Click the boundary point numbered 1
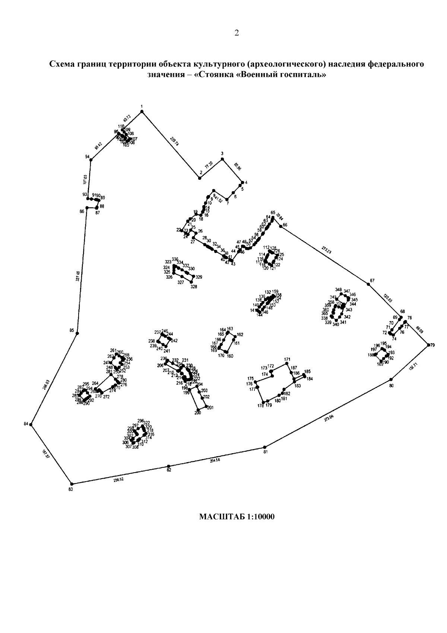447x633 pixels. [x=142, y=111]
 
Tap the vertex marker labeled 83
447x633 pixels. [x=72, y=484]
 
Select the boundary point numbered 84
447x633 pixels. [x=31, y=424]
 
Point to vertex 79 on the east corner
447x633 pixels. [x=428, y=345]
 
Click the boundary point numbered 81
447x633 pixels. [x=265, y=447]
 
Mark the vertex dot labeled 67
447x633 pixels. [x=368, y=285]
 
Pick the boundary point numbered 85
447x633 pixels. [x=77, y=333]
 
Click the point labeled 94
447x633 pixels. [x=91, y=160]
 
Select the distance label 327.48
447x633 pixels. [x=78, y=277]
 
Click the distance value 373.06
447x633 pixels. [x=329, y=419]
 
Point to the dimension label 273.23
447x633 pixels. [x=326, y=250]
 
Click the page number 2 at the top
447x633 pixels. [x=237, y=33]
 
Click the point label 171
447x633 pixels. [x=287, y=360]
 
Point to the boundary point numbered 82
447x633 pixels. [x=169, y=466]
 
